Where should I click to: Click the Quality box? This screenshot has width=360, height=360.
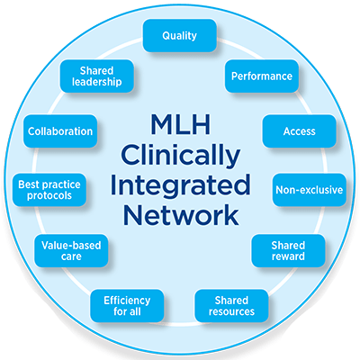coord(179,36)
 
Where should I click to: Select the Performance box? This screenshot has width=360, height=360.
coord(261,76)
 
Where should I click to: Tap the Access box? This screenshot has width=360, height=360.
coord(298,130)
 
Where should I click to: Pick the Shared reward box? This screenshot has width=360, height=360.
coord(288,251)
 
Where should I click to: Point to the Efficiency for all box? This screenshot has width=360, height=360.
coord(126,305)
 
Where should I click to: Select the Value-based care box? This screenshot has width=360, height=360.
coord(71,249)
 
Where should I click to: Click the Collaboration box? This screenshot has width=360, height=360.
coord(59,131)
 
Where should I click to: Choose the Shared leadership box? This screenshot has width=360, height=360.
coord(95,76)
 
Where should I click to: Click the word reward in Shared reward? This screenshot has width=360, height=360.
coord(288,257)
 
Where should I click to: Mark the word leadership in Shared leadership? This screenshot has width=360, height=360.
coord(95,83)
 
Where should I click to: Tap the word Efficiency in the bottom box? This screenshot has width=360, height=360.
coord(126,299)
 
